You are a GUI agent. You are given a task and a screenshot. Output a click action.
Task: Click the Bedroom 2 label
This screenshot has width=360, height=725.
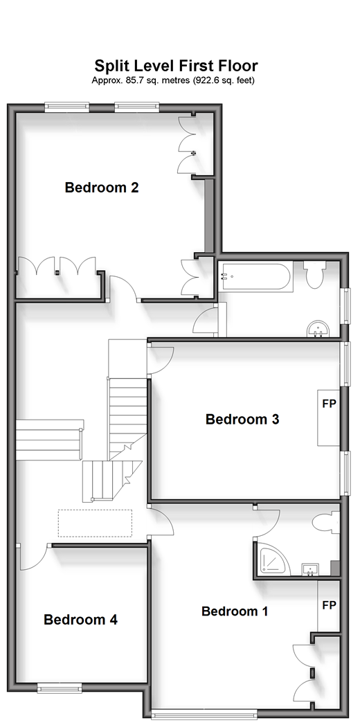102,188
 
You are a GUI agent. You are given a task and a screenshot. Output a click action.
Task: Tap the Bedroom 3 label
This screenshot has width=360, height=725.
242,420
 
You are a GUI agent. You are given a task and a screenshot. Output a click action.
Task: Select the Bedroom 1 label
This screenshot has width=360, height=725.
235,611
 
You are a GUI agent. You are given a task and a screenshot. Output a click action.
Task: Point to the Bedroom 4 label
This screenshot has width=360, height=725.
80,620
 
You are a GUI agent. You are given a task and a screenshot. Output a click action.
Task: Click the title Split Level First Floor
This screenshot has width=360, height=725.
176,65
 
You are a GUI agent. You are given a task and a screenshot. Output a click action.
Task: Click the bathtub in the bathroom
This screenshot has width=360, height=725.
255,277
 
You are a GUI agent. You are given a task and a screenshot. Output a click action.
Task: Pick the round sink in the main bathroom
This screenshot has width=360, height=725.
318,329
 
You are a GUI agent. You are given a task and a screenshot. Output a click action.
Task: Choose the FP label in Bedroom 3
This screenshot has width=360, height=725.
329,404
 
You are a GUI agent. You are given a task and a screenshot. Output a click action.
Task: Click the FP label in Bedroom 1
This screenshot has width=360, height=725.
329,605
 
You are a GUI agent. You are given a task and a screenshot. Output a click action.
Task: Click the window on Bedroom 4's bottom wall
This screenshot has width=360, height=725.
60,688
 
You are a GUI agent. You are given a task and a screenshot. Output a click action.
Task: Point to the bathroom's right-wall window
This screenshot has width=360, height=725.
344,306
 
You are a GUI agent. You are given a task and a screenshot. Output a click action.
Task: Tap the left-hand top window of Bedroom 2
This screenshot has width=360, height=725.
67,107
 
